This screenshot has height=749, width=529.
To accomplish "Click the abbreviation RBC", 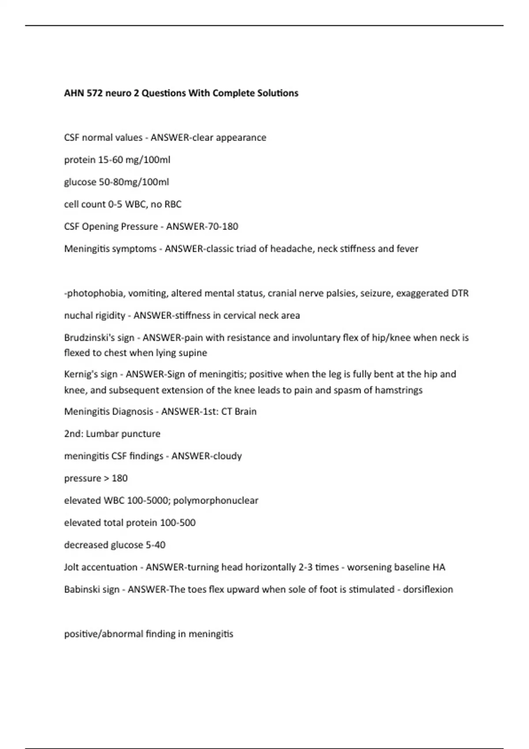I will click(173, 204).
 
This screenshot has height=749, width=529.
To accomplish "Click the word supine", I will click(193, 353).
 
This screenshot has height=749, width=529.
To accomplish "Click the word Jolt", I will click(72, 567).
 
